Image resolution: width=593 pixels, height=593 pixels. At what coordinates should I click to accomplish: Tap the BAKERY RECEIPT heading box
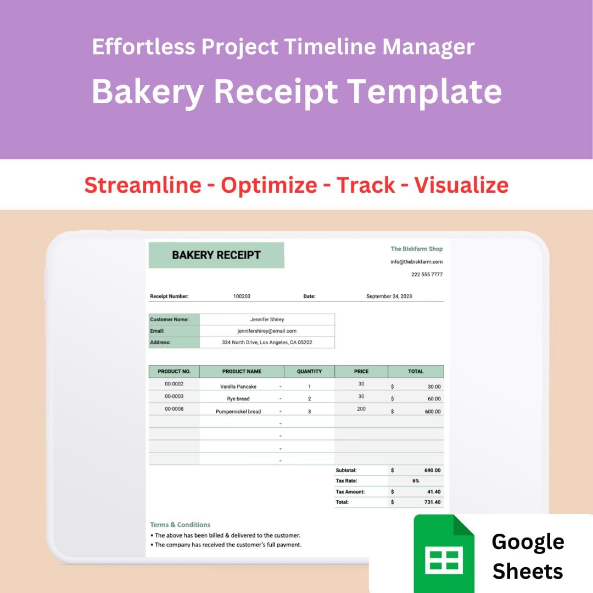pos(216,255)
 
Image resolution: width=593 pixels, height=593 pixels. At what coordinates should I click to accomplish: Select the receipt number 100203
pos(242,296)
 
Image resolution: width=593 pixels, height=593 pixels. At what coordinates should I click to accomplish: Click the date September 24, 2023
pos(389,296)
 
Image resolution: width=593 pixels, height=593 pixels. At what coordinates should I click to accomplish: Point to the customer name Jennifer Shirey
pos(267,320)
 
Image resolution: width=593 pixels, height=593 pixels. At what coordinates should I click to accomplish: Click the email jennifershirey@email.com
pos(267,331)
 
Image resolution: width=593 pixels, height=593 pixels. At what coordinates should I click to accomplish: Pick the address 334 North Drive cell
pos(267,343)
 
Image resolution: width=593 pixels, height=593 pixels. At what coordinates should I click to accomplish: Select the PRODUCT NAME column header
pos(242,372)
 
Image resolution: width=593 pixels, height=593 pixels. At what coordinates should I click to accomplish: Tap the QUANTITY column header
pos(309,372)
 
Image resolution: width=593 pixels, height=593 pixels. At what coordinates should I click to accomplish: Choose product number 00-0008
pos(174,409)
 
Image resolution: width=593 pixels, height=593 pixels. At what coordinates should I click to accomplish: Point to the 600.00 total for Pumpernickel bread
pos(434,411)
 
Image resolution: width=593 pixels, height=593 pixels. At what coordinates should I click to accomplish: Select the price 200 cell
pos(361,409)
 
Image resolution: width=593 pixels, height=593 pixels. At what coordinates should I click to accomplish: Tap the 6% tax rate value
pos(416,481)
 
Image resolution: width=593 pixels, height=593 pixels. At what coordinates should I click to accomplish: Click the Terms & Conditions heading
pos(180,525)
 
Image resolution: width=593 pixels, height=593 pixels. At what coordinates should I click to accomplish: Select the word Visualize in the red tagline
pos(461,185)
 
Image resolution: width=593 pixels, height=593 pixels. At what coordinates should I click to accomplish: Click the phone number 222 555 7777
pos(427,275)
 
